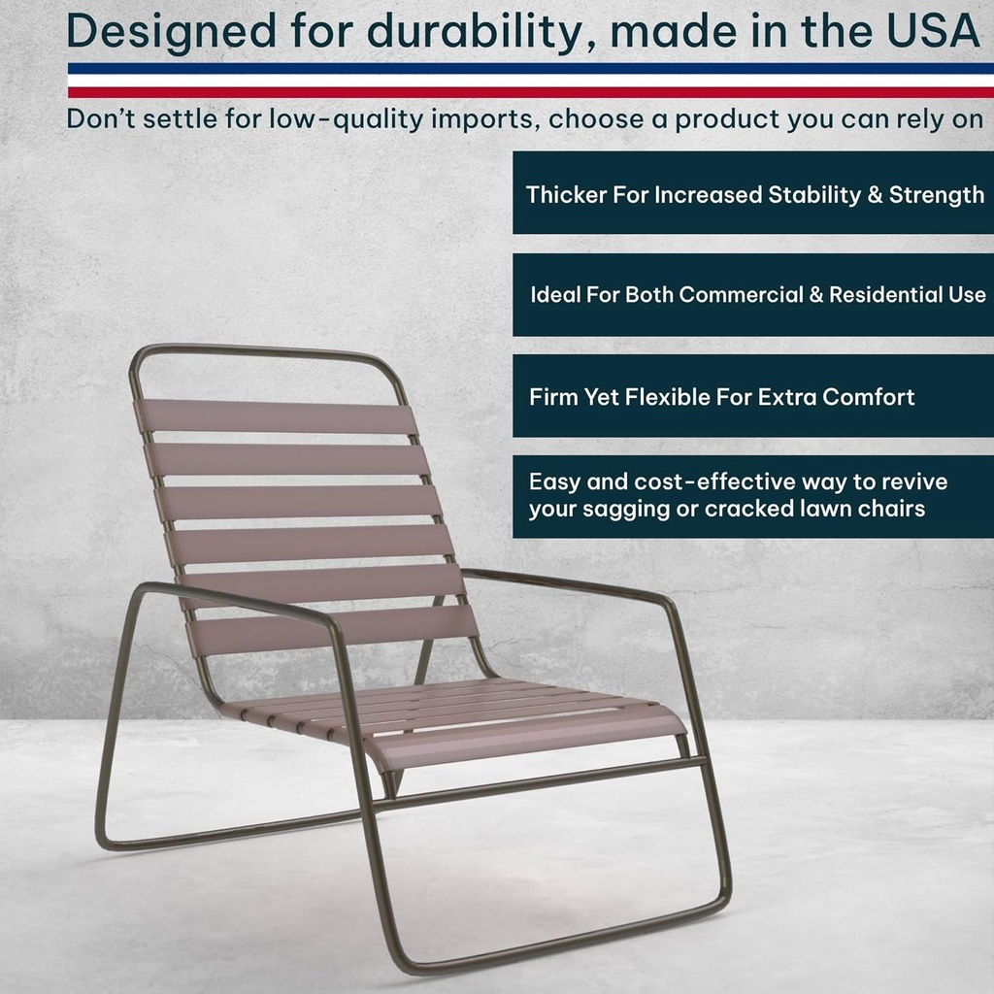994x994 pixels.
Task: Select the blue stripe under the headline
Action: coord(530,69)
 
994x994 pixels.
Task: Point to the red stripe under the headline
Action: coord(530,92)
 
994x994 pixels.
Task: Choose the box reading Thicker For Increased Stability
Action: coord(753,193)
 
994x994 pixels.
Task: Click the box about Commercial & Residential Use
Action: coord(753,295)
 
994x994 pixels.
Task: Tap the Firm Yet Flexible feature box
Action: coord(753,396)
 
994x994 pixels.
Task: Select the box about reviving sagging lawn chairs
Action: coord(753,496)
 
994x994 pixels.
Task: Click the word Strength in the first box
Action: coord(936,194)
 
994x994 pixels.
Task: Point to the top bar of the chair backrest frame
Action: coord(262,350)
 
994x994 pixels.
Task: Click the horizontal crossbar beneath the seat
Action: coord(540,782)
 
